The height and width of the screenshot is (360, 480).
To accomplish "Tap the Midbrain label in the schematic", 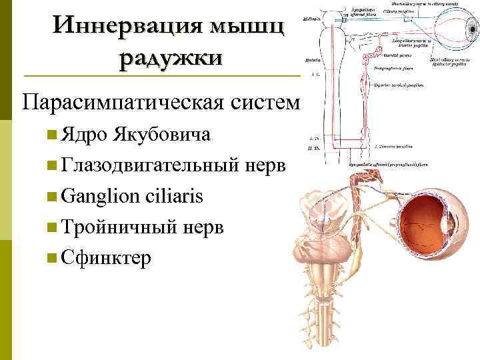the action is pos(311,20).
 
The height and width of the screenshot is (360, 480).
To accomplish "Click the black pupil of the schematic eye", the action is pos(461,33).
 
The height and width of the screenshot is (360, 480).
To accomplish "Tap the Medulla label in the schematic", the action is pos(311,60).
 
